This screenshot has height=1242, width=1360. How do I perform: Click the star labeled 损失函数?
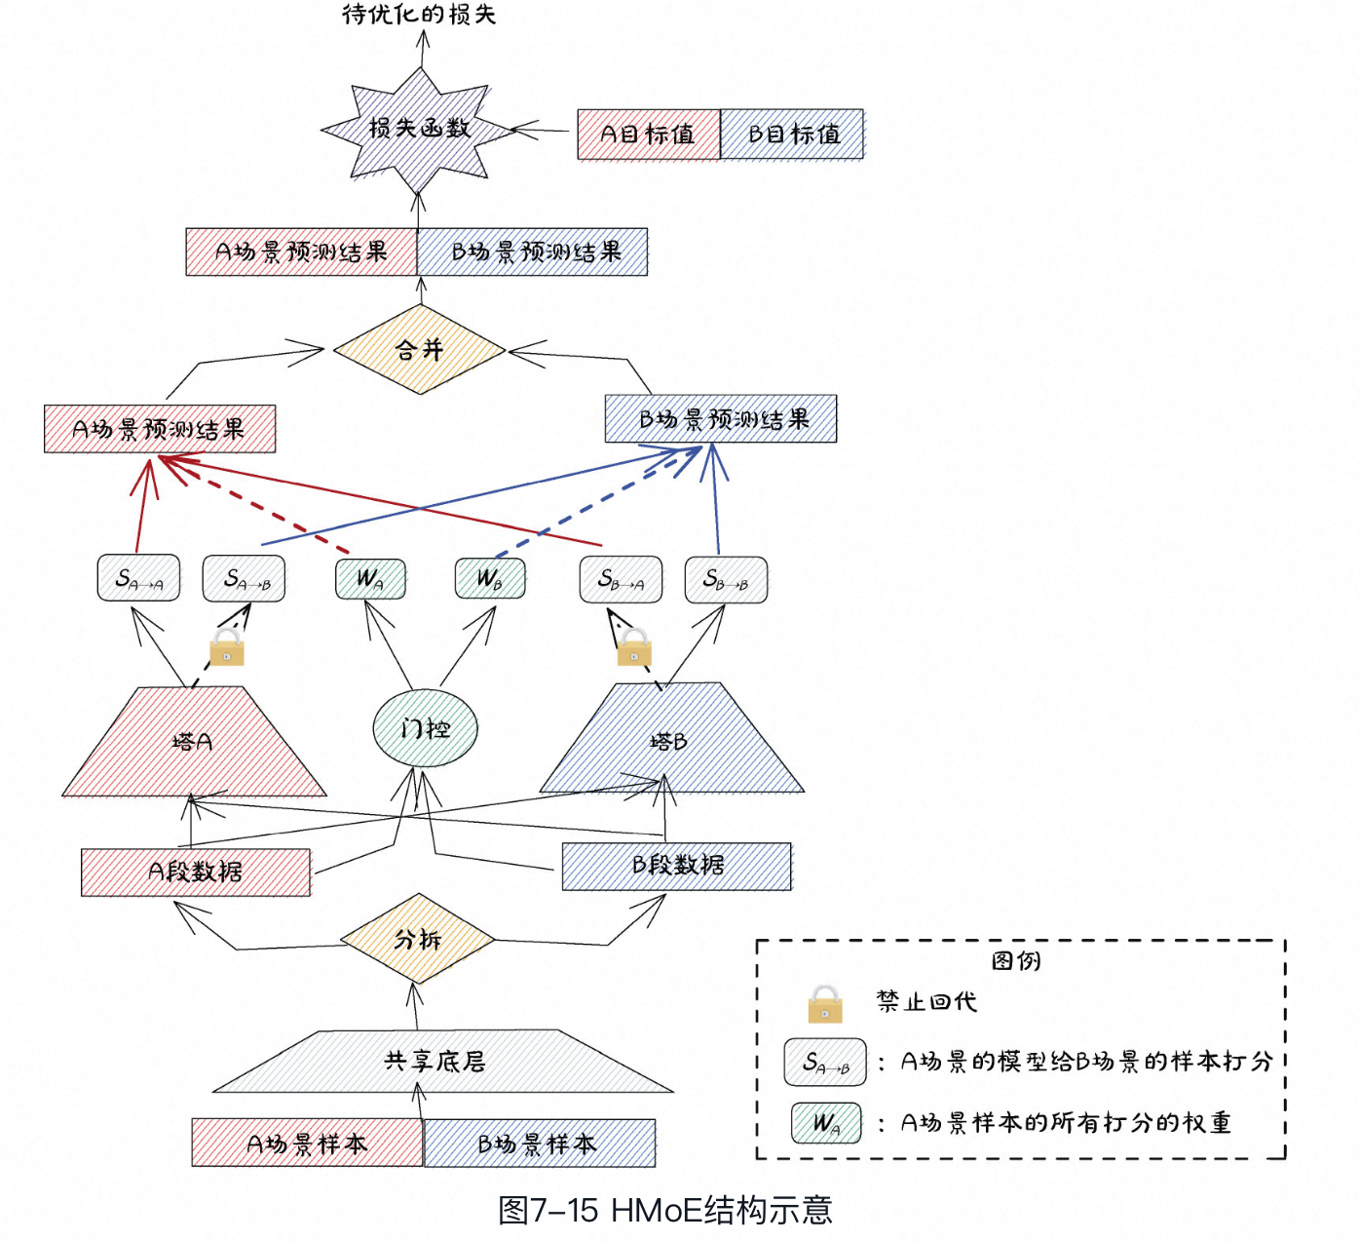[419, 128]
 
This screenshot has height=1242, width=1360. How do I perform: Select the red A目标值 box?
[648, 135]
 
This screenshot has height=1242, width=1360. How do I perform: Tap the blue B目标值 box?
[792, 135]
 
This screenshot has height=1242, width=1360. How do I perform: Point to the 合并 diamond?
[419, 350]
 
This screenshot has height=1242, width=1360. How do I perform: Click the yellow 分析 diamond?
[418, 939]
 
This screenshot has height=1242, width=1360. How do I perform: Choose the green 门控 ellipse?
[426, 728]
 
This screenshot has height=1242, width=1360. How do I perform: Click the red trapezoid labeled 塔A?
[193, 743]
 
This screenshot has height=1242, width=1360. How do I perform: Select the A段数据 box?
[196, 872]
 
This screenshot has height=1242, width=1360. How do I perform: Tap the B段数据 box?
[677, 866]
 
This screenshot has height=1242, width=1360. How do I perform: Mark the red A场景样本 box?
[307, 1144]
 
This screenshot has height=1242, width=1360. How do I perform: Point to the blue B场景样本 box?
[539, 1144]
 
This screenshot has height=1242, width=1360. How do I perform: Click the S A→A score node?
[138, 579]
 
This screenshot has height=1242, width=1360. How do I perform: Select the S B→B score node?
[726, 580]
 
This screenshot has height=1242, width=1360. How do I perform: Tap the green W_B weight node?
[490, 579]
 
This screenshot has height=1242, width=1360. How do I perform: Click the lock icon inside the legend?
[824, 1003]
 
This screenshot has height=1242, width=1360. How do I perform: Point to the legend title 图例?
[1016, 961]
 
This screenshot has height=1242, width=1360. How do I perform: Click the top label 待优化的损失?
[419, 14]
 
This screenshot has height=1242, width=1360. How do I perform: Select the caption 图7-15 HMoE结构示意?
[665, 1210]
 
